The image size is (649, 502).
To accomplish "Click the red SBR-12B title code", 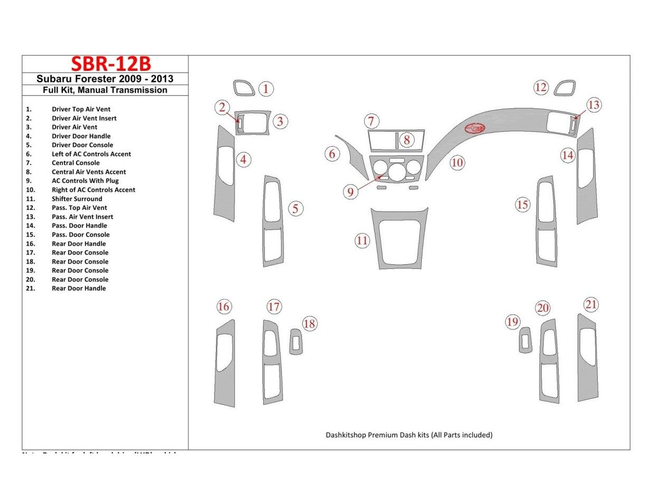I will coord(111,64).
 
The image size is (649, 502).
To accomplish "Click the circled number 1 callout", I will coord(266,88).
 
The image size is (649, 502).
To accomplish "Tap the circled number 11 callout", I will coord(362,241).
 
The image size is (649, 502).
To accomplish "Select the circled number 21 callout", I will coord(591,304).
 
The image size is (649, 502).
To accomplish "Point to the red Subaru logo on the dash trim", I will coord(475,128).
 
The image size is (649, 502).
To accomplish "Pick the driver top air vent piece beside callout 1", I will coord(244,88).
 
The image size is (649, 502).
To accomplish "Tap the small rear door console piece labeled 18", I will coord(296,342).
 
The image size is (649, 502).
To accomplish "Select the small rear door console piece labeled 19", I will coord(525,340).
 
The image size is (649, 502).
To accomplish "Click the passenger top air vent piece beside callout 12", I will coord(565,88).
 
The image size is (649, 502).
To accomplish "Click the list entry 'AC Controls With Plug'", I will coord(85,181).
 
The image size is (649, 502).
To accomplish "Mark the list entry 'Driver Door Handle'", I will coord(81,136).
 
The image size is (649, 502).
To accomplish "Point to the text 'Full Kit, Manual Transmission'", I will coord(105,90).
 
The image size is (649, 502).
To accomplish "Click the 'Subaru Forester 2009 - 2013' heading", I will coord(105,79).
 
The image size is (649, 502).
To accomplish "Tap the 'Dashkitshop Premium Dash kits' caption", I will coord(409,435).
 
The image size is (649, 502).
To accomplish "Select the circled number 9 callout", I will coord(350,192).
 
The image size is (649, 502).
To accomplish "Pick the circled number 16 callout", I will coord(224,306).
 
